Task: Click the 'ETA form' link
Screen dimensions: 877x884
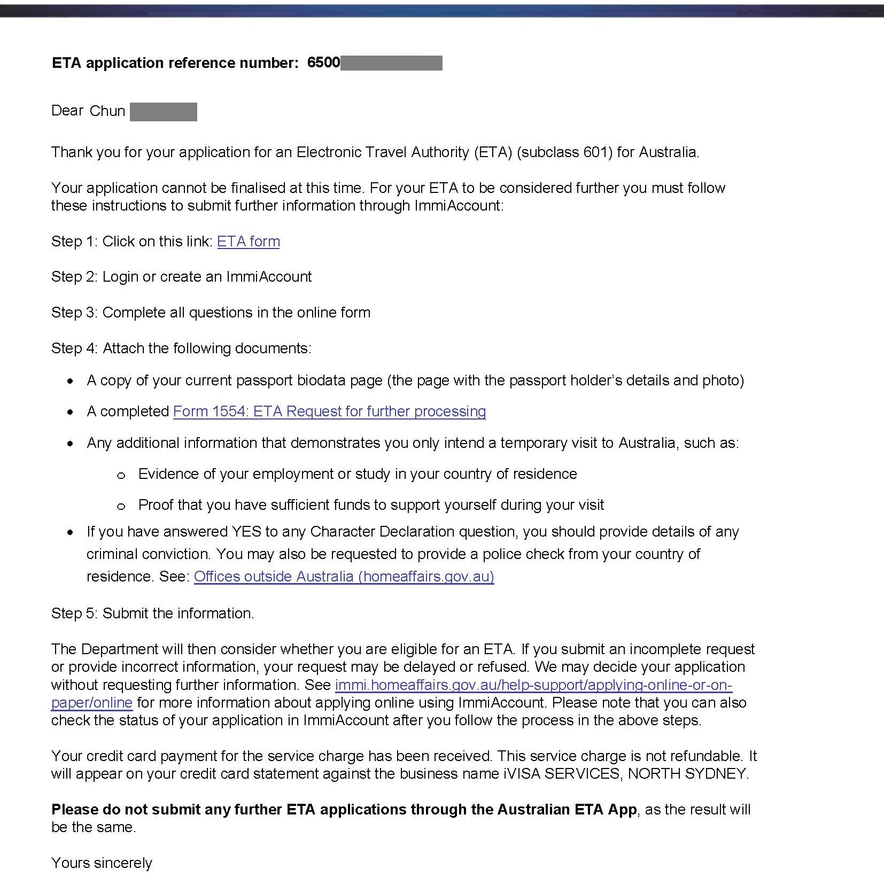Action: tap(248, 242)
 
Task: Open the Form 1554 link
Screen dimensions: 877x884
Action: tap(329, 412)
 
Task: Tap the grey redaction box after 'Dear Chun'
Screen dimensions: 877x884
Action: tap(164, 112)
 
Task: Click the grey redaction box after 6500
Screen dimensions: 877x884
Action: tap(391, 63)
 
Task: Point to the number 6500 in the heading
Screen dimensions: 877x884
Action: tap(323, 63)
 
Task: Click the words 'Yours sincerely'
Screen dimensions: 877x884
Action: tap(102, 863)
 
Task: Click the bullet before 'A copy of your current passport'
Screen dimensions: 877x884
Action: tap(71, 382)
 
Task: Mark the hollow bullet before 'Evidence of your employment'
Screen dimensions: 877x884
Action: tap(121, 475)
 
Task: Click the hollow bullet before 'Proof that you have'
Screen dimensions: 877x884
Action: tap(121, 506)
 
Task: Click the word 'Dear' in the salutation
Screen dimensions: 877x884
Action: tap(67, 111)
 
